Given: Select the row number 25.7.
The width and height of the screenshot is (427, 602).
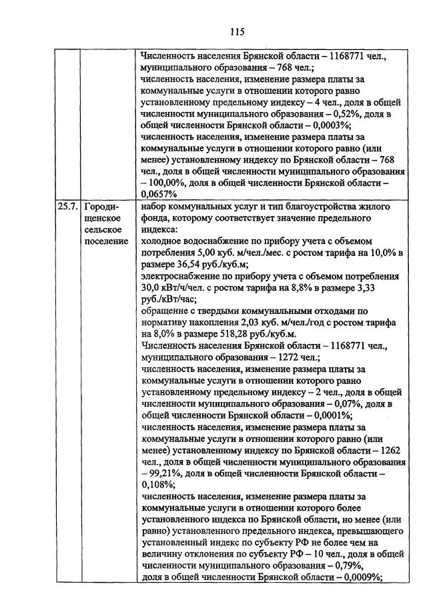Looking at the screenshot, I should click(67, 207).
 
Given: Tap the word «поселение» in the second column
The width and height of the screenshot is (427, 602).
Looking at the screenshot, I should click(106, 241).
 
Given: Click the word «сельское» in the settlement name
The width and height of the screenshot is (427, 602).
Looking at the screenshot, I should click(104, 229).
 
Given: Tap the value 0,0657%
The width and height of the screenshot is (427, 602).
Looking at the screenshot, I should click(159, 194).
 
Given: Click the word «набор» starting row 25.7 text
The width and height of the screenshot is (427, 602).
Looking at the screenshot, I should click(156, 207).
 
